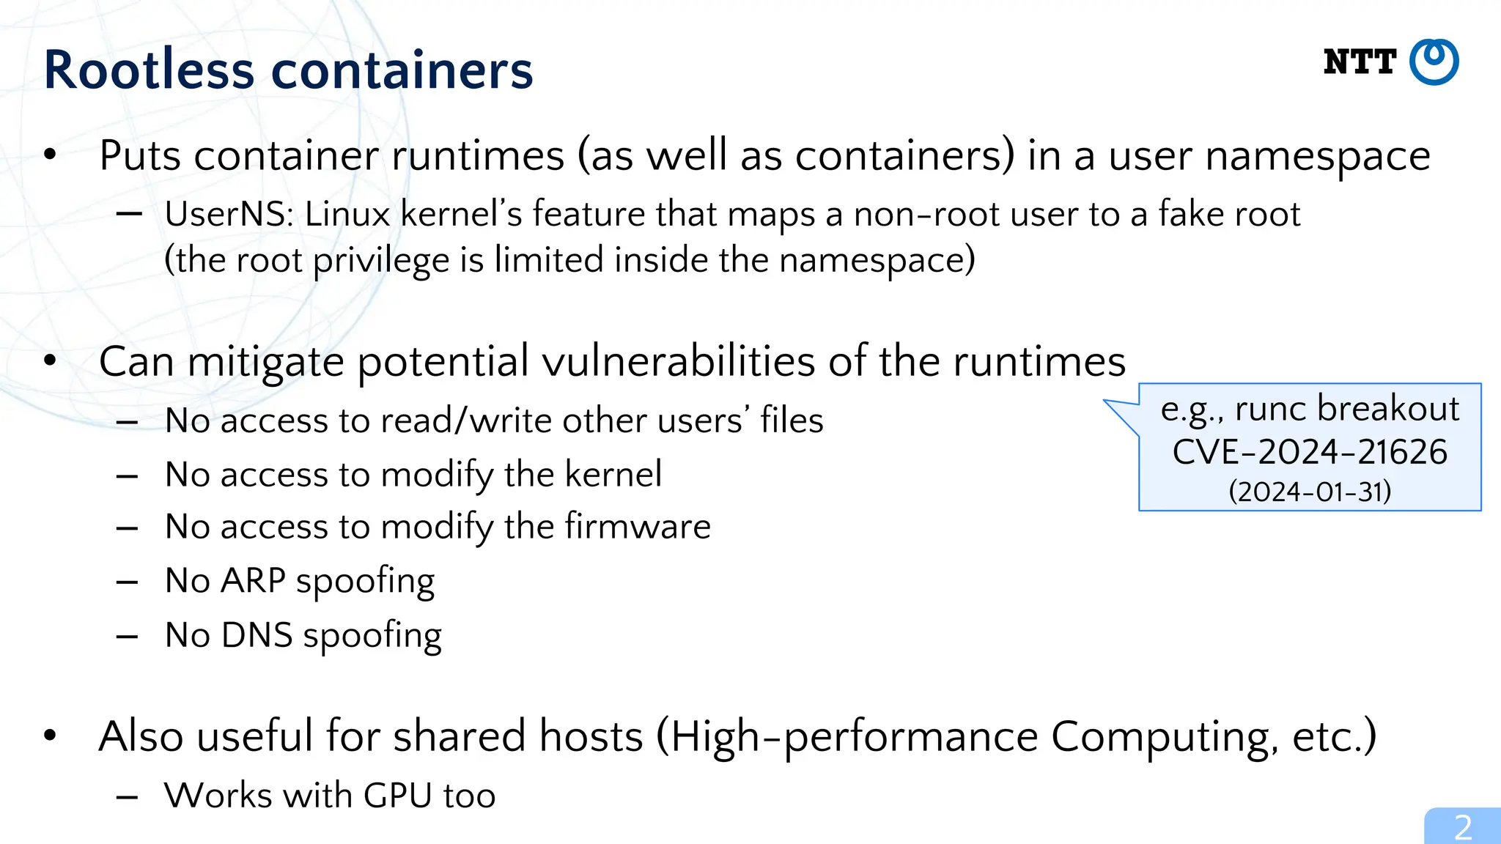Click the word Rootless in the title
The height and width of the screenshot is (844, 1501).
tap(149, 70)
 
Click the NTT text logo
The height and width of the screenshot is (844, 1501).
tap(1360, 62)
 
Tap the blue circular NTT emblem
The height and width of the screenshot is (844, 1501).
tap(1434, 62)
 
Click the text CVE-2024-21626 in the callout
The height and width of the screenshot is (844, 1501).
tap(1310, 451)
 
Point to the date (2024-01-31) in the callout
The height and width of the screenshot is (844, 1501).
tap(1310, 491)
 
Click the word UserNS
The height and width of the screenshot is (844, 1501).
tap(228, 215)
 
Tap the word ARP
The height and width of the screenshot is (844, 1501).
tap(253, 580)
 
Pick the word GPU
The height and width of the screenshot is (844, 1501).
tap(397, 796)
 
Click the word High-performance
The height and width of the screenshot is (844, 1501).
tap(853, 736)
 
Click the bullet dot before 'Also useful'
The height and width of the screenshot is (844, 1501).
tap(50, 735)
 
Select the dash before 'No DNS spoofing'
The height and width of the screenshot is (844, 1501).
tap(127, 636)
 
